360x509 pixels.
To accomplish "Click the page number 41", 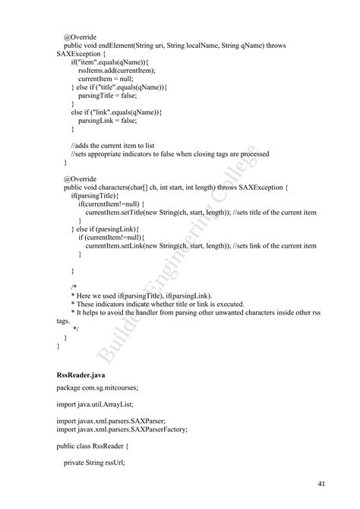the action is coord(322,483).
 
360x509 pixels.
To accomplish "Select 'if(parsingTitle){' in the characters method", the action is coord(95,195).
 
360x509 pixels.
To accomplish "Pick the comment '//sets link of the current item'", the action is coord(275,245).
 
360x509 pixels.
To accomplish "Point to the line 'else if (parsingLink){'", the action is coord(108,229).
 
